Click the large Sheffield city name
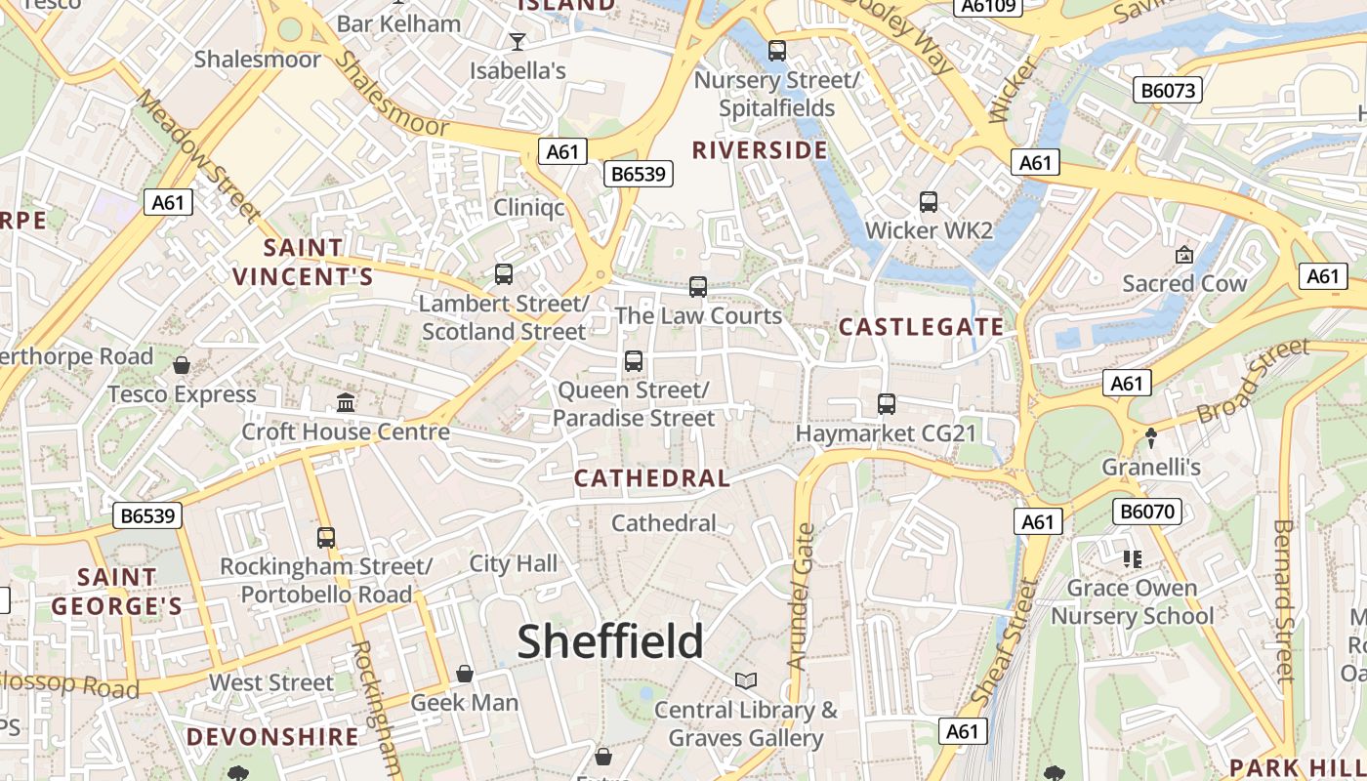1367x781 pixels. point(609,641)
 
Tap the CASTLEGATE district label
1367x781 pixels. point(921,327)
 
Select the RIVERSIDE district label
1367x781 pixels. point(760,150)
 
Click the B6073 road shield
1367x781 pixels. point(1169,91)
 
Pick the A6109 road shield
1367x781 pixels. point(988,7)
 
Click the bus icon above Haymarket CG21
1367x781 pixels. point(887,403)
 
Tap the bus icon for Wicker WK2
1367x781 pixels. point(929,202)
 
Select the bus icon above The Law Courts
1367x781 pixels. point(698,287)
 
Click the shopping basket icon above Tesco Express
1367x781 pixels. point(182,366)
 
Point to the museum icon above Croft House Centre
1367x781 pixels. point(346,402)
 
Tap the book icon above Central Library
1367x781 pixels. point(746,680)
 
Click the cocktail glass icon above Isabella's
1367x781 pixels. point(518,41)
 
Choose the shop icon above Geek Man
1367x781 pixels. point(465,674)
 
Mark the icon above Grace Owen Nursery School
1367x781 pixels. point(1133,559)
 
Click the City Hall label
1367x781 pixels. point(514,563)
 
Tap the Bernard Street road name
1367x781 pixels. point(1284,600)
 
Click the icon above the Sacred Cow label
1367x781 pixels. point(1184,255)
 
